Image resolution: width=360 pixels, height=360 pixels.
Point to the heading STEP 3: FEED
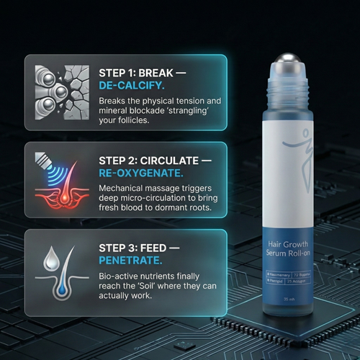tap(140, 248)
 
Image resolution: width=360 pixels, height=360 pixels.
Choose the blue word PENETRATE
tap(130, 262)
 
